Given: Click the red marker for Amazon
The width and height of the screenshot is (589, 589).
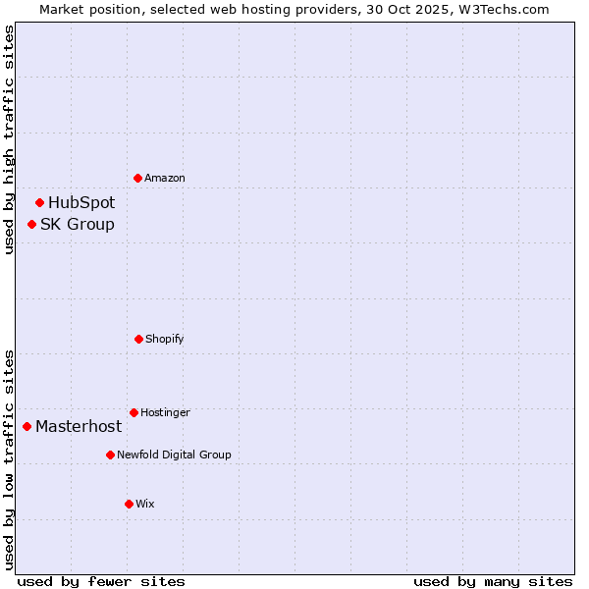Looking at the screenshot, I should [137, 178].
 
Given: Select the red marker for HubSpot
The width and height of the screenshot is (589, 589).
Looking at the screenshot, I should [39, 202].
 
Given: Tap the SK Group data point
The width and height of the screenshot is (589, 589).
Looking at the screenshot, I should [31, 224].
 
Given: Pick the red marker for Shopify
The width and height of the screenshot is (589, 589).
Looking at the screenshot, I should [138, 339].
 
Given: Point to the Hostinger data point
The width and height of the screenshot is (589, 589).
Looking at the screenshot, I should [134, 412].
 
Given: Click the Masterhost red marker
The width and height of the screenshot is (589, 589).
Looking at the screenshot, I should [27, 426].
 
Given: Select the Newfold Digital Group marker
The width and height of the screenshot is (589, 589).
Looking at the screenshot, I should [110, 455].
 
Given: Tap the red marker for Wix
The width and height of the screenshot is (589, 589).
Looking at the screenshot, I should [129, 504].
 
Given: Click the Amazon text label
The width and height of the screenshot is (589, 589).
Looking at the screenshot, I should [165, 178].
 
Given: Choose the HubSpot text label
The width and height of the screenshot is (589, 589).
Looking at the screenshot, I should [81, 202].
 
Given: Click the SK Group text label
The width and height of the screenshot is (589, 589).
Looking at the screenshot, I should [78, 224].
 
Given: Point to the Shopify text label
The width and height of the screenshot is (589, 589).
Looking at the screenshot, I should [165, 339].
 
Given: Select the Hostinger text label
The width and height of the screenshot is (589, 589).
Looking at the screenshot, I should [165, 412].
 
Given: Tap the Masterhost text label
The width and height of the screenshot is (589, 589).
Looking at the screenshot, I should [79, 426].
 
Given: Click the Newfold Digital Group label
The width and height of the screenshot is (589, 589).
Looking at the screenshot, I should [174, 455].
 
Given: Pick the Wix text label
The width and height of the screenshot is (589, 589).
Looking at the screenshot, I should [145, 504].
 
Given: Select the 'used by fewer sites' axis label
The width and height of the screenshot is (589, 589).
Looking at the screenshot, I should [101, 581].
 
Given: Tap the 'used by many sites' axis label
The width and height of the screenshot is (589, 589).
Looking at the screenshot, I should [493, 581].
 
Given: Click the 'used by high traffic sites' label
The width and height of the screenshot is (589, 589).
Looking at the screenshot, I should [9, 140].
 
